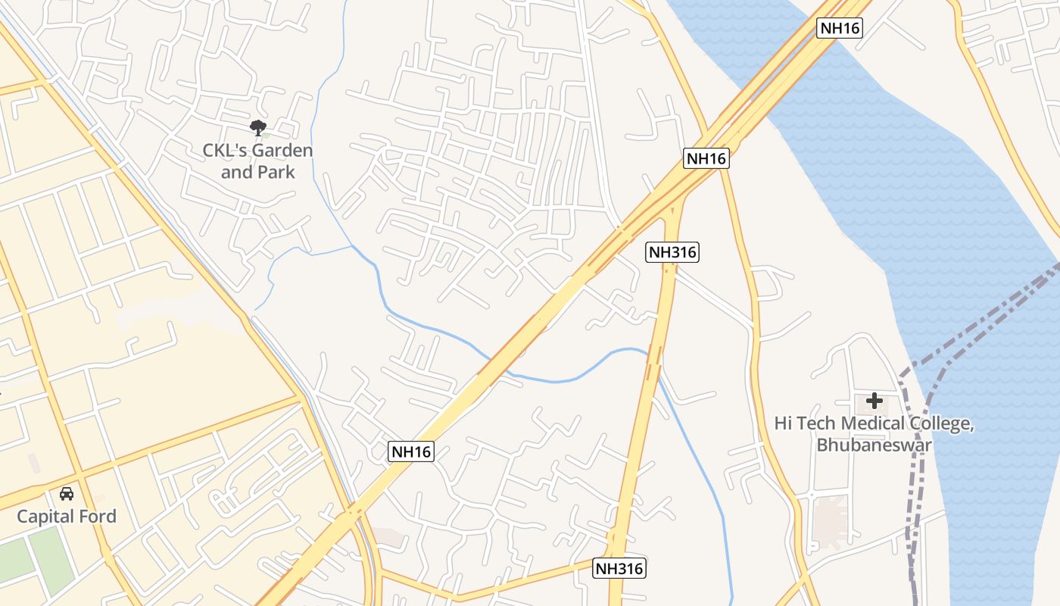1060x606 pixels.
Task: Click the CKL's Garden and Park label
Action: coord(257,161)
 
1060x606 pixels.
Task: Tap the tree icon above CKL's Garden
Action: coord(258,128)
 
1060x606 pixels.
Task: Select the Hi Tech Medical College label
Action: coord(874,433)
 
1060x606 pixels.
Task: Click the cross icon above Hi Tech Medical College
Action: coord(874,401)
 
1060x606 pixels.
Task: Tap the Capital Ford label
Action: coord(67,517)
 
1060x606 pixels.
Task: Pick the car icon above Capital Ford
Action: coord(67,494)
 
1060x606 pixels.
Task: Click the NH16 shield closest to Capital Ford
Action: coord(411,452)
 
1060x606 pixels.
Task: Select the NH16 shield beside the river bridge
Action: coord(840,28)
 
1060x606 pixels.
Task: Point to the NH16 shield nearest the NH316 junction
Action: coord(706,158)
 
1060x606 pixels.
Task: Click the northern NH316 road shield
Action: coord(672,252)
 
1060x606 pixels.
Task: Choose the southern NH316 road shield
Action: coord(619,568)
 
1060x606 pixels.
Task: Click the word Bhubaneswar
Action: coord(874,445)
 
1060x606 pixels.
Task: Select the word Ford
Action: coord(98,517)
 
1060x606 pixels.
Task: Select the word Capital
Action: coord(45,517)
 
